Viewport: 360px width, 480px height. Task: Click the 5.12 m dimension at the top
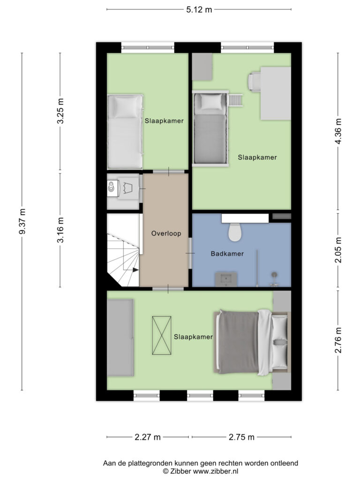199,9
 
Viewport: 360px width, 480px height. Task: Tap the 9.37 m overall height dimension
22,222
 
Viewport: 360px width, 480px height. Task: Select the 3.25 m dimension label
60,112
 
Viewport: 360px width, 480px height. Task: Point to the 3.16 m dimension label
60,230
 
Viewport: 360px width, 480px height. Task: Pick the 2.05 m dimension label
338,251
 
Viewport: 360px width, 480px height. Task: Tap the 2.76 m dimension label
338,340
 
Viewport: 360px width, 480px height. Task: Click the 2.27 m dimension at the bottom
147,437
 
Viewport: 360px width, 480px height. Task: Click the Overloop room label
165,233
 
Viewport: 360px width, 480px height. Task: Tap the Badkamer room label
227,254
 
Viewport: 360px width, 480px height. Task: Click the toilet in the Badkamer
234,231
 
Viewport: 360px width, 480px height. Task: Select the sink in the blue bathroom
227,279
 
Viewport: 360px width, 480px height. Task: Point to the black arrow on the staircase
135,270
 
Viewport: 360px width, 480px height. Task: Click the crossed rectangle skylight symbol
161,336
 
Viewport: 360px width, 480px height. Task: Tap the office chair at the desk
255,81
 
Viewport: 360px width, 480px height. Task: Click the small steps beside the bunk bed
235,100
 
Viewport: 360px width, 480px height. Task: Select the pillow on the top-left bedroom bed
125,107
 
